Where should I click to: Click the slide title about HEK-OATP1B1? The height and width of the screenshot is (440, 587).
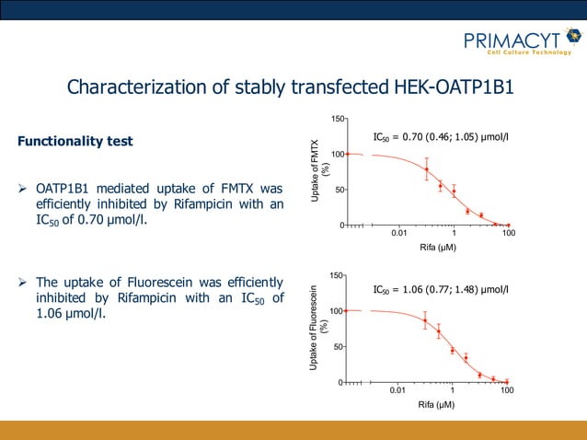[x=291, y=87]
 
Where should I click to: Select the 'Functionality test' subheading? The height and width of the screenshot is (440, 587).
[x=75, y=142]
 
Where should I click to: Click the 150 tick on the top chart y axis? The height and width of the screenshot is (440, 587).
[x=339, y=119]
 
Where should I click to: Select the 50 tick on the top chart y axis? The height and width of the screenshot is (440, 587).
[x=340, y=190]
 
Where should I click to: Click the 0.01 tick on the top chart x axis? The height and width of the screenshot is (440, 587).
[x=398, y=234]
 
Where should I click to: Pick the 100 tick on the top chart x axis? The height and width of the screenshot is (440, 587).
[x=508, y=234]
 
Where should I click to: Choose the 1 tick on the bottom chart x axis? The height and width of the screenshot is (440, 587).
[x=452, y=391]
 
